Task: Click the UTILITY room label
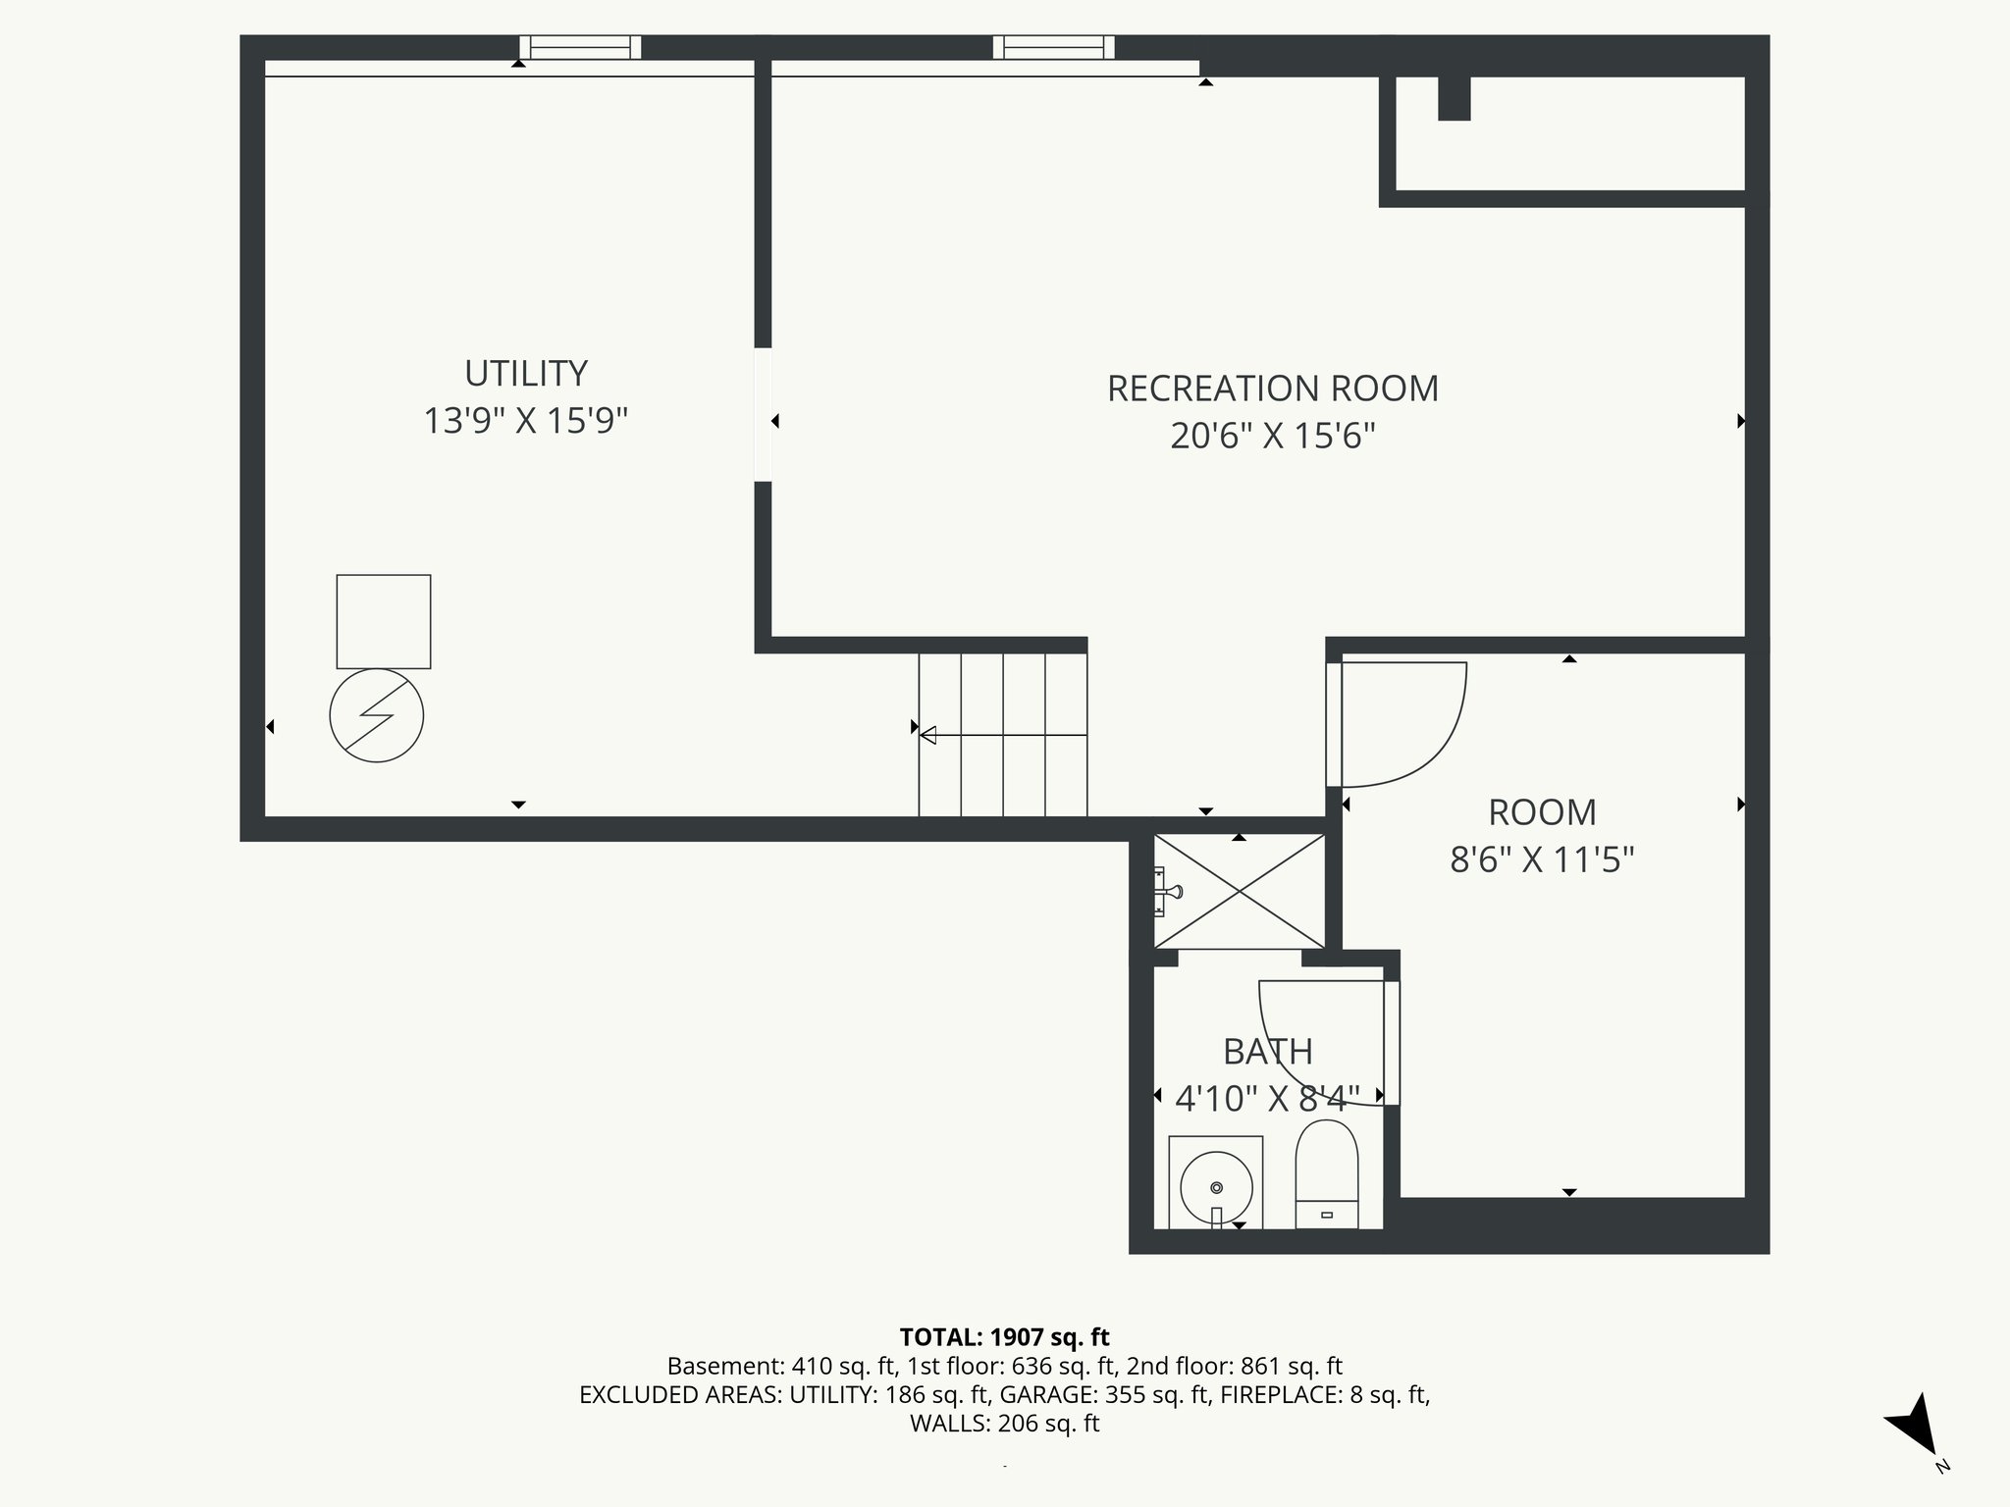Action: (x=525, y=374)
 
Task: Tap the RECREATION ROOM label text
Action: (x=1272, y=389)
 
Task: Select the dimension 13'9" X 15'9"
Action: (x=525, y=421)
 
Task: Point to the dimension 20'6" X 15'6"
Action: (x=1272, y=436)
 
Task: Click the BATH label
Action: (x=1267, y=1052)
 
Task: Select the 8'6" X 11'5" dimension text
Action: (x=1542, y=860)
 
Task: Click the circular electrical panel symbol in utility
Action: (x=377, y=716)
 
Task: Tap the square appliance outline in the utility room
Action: (x=384, y=622)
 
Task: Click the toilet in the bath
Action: (x=1327, y=1172)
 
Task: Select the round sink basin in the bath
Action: (x=1216, y=1188)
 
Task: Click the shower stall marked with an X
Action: (x=1240, y=891)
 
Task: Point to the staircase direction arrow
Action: (x=928, y=735)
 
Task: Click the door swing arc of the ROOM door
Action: (x=1443, y=746)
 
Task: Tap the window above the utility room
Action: (x=580, y=47)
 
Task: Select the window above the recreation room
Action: (x=1054, y=47)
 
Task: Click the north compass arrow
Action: (x=1914, y=1424)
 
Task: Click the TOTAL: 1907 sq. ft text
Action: (x=1004, y=1337)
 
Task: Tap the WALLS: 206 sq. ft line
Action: (x=1004, y=1424)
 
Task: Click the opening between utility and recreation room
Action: (x=763, y=414)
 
